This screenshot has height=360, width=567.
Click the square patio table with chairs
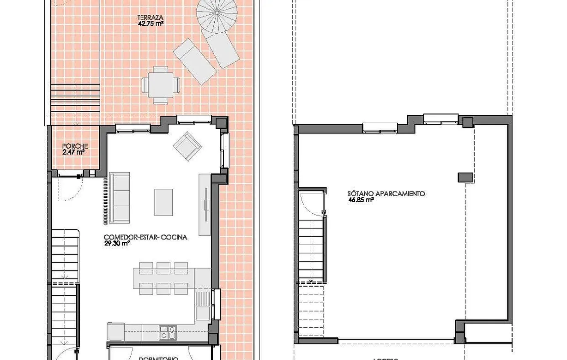[x=161, y=85]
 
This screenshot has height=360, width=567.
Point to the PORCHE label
[x=74, y=146]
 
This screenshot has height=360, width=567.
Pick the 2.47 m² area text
[x=73, y=151]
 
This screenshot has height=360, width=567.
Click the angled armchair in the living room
[x=187, y=146]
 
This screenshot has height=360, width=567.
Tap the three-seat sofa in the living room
[x=119, y=198]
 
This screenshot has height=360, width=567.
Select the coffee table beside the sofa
[x=163, y=202]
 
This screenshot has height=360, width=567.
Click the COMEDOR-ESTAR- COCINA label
[x=145, y=237]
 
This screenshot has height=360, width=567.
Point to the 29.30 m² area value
[x=116, y=243]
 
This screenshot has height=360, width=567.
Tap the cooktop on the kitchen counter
[x=167, y=332]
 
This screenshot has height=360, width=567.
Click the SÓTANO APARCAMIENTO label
[x=386, y=194]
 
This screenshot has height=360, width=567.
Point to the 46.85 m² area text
[x=361, y=200]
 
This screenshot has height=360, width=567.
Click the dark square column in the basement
[x=465, y=177]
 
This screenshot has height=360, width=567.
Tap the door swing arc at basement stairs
[x=311, y=204]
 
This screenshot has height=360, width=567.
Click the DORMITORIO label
[x=158, y=358]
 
